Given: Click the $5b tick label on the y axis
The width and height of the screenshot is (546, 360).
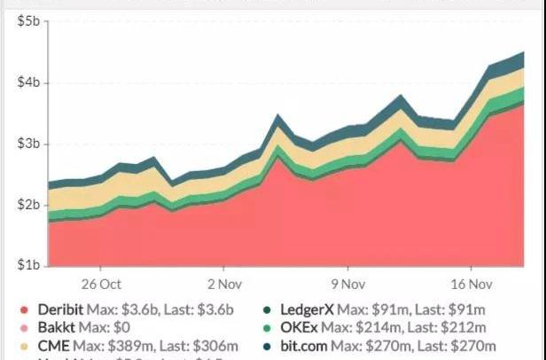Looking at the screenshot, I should pyautogui.click(x=28, y=21).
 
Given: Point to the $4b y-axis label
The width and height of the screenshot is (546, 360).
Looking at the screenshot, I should pyautogui.click(x=28, y=82).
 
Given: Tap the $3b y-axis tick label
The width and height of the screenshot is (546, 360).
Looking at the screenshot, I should pyautogui.click(x=28, y=144).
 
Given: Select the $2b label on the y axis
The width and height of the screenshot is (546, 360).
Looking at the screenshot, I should pyautogui.click(x=28, y=205).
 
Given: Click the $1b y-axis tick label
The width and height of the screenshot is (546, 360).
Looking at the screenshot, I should pyautogui.click(x=28, y=265).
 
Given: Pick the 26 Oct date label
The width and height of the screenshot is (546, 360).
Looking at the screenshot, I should pyautogui.click(x=99, y=285).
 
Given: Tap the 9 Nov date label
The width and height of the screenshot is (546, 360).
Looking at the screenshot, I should pyautogui.click(x=347, y=285).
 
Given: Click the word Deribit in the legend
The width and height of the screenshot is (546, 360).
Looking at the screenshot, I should pyautogui.click(x=60, y=310).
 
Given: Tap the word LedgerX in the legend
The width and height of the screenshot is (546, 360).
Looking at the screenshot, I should pyautogui.click(x=308, y=310).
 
